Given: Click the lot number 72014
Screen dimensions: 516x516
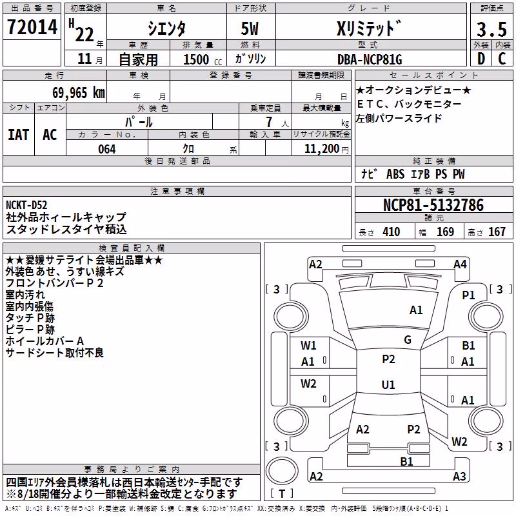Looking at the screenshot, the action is tap(32, 27).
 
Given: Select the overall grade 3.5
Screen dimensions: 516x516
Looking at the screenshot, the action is tap(491, 29).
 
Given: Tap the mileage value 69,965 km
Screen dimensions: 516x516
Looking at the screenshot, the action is tap(79, 93).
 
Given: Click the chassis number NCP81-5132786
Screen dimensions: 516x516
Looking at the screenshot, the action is tap(433, 205).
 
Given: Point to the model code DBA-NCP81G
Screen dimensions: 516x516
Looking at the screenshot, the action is tap(370, 59).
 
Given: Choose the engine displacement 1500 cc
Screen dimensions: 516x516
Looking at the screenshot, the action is tap(203, 59).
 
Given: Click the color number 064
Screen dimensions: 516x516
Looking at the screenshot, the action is tap(107, 149).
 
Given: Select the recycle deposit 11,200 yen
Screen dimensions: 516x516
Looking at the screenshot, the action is tap(326, 149).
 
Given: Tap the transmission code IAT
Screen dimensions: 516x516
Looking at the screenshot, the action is tap(19, 135).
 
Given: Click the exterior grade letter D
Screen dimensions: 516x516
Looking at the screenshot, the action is tap(481, 59).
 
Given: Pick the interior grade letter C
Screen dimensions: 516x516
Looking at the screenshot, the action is tap(502, 59).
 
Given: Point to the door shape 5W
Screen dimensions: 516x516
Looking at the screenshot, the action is tap(250, 28).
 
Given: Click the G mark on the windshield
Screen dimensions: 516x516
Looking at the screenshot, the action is tap(408, 340).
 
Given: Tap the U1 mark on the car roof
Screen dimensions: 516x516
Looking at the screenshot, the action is tap(388, 384).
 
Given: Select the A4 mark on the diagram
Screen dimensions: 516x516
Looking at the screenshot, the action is tap(460, 264).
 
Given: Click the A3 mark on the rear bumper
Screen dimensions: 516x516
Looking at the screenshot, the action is tap(459, 476).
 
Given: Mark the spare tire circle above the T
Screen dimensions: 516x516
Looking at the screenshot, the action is tap(282, 471).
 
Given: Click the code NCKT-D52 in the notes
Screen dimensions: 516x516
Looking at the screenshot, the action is tap(26, 205).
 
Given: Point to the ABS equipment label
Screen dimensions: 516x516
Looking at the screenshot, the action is tap(395, 174).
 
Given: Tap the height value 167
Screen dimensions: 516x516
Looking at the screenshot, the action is tap(497, 232).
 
